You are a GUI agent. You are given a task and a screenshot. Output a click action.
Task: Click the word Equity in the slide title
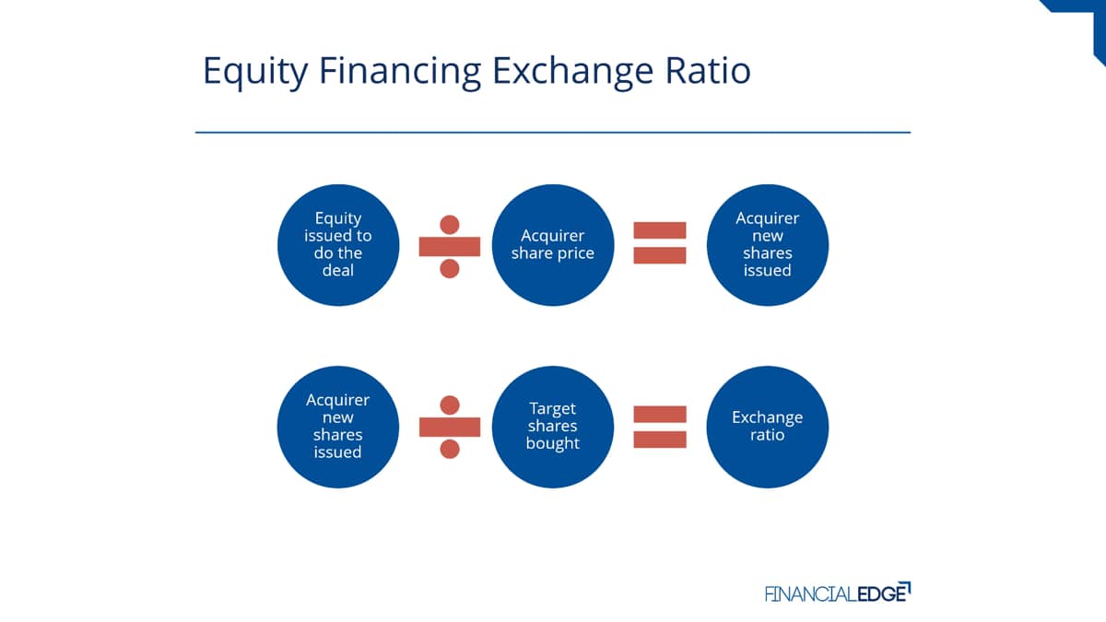(x=255, y=72)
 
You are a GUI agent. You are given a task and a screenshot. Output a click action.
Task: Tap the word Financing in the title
(x=400, y=72)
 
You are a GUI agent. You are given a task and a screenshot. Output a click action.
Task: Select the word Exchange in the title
(x=572, y=72)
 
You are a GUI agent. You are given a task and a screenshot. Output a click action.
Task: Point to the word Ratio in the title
(x=708, y=70)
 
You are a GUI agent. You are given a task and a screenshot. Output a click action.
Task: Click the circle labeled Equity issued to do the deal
(x=338, y=245)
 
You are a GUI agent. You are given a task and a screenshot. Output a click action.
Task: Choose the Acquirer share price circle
(x=553, y=245)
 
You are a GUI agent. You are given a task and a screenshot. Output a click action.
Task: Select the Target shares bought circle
(x=553, y=427)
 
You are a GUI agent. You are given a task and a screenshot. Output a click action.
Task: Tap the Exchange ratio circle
(x=768, y=427)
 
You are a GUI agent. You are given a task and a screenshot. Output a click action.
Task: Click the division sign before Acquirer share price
(x=450, y=246)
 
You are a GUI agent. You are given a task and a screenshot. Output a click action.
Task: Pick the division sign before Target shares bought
(x=450, y=427)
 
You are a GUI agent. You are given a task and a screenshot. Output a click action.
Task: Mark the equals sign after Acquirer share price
(x=660, y=243)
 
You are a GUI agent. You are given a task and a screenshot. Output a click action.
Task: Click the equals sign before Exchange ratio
(x=660, y=427)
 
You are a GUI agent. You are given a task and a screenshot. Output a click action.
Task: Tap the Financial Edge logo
(x=838, y=593)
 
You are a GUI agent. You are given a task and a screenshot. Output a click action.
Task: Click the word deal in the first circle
(x=338, y=270)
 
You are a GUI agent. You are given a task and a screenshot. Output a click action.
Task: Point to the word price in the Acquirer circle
(x=576, y=253)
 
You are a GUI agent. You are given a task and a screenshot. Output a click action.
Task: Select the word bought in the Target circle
(x=552, y=443)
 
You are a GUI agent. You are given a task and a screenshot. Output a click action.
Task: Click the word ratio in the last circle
(x=767, y=435)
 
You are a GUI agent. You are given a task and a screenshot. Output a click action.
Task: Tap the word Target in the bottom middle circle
(x=552, y=409)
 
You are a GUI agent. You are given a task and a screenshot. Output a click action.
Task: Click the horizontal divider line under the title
(x=553, y=133)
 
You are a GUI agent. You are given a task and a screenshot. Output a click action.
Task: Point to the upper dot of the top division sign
(x=450, y=225)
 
